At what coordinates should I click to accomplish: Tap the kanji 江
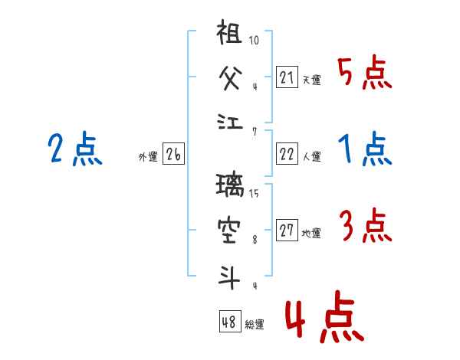click(x=229, y=123)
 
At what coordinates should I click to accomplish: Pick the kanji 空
click(x=230, y=230)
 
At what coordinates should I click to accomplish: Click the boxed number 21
click(x=287, y=76)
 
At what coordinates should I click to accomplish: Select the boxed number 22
click(x=287, y=153)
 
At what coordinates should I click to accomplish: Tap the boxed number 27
click(x=287, y=230)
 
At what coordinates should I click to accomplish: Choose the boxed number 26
click(x=174, y=154)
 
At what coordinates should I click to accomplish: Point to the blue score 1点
click(x=365, y=150)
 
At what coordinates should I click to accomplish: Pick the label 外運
click(x=148, y=157)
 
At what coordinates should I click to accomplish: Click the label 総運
click(x=255, y=325)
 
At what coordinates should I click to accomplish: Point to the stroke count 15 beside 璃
click(x=254, y=194)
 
